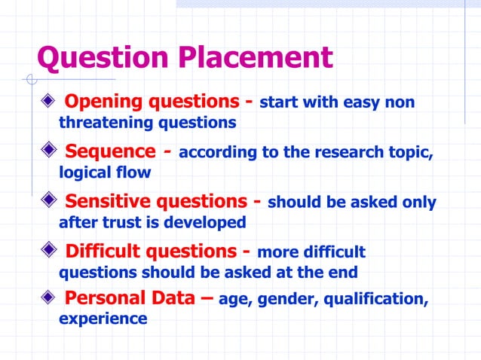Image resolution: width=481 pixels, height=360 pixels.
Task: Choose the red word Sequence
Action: [x=112, y=152]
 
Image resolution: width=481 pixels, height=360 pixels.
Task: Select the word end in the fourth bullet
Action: [x=342, y=273]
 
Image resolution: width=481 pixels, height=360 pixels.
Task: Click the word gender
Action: [x=287, y=300]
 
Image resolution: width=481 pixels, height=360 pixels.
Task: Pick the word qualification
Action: [x=376, y=300]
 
